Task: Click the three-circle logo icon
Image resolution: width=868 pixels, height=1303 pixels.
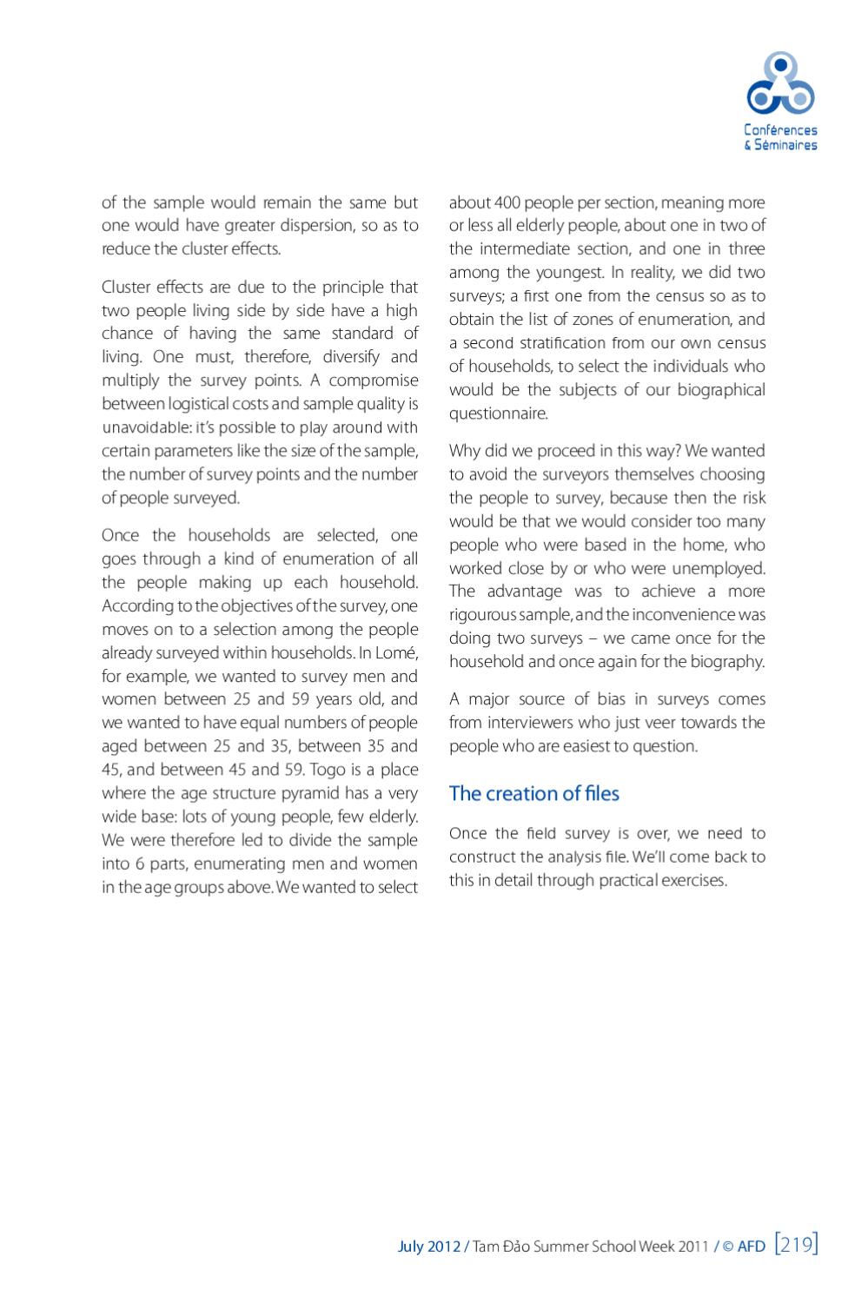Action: (x=781, y=85)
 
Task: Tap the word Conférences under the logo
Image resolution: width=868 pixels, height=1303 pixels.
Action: (x=780, y=130)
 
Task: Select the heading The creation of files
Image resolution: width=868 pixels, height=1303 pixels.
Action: (x=533, y=793)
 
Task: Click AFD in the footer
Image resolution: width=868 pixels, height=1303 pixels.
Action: (x=752, y=1247)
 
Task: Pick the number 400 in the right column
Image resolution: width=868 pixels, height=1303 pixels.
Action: (x=507, y=202)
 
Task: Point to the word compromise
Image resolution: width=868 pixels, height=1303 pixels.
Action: (x=374, y=380)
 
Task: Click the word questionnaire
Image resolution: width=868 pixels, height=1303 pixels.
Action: (x=498, y=413)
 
